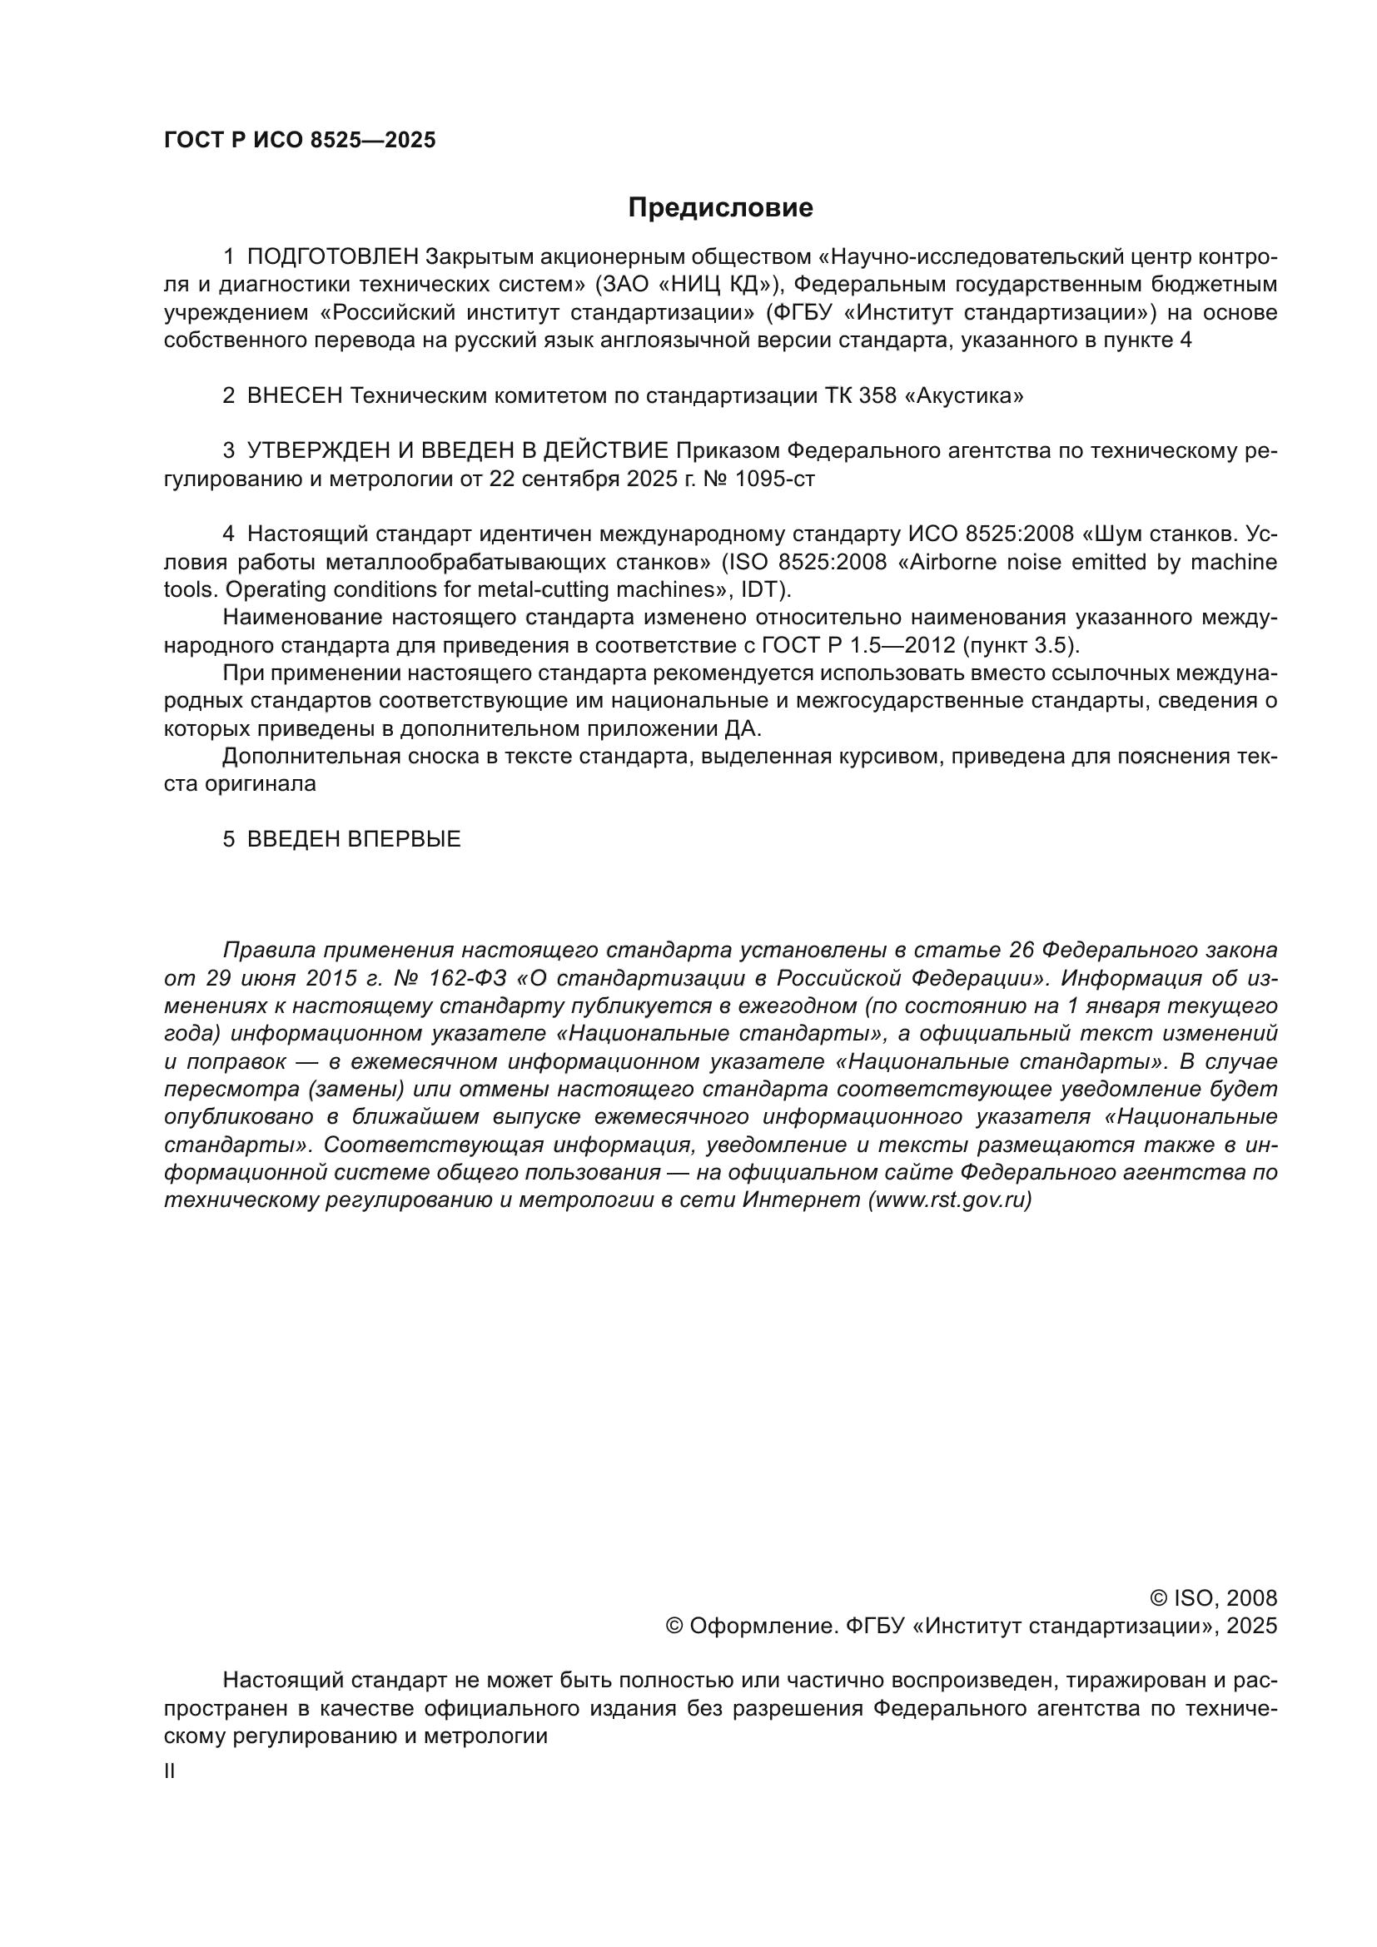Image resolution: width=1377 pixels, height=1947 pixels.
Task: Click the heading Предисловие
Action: pyautogui.click(x=720, y=208)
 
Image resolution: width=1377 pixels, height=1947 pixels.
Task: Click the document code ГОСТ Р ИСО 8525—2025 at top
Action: pyautogui.click(x=300, y=141)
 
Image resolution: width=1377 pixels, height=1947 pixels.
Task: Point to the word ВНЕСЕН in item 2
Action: pyautogui.click(x=295, y=396)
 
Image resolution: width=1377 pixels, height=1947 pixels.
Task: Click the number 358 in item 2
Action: pyautogui.click(x=877, y=396)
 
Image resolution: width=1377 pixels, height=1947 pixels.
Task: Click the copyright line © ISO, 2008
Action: pyautogui.click(x=1213, y=1598)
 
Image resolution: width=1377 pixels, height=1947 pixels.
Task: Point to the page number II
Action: pyautogui.click(x=170, y=1771)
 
